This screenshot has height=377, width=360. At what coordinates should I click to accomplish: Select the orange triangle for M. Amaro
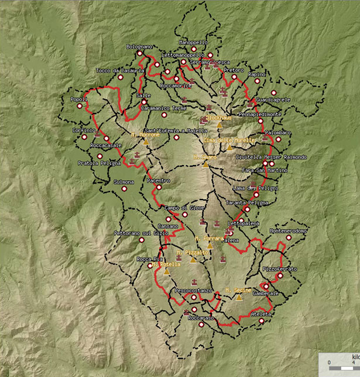click(x=205, y=164)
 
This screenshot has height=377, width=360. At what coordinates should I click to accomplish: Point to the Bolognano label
click(x=139, y=46)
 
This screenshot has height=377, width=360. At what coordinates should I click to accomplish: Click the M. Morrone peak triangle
click(x=146, y=142)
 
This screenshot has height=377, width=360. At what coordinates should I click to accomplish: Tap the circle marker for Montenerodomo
click(x=289, y=238)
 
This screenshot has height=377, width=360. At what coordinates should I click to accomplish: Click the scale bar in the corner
click(x=340, y=363)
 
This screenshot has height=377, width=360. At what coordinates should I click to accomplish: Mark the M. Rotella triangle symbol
click(x=166, y=272)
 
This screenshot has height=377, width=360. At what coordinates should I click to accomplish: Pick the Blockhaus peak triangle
click(x=220, y=125)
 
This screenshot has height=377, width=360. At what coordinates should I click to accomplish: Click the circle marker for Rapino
click(x=257, y=81)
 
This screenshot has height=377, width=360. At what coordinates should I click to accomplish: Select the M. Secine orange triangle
click(x=239, y=297)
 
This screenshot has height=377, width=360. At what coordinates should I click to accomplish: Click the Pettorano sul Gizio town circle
click(x=141, y=239)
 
